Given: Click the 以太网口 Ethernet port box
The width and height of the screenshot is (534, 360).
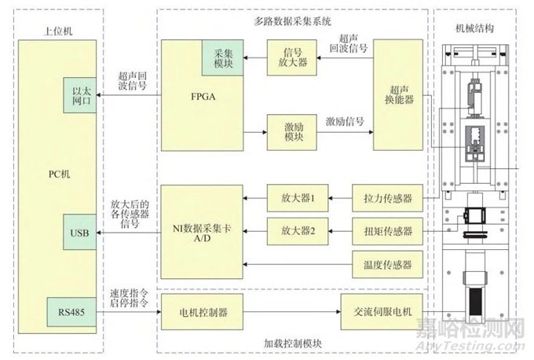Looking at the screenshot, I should tap(80, 97).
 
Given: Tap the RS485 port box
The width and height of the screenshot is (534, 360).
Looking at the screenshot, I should tap(71, 313).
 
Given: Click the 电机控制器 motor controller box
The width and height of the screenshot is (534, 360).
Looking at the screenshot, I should tap(203, 313).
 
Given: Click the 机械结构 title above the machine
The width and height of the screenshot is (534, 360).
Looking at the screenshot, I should tap(474, 28).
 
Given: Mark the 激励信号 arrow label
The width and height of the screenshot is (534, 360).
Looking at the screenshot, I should tap(346, 121).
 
